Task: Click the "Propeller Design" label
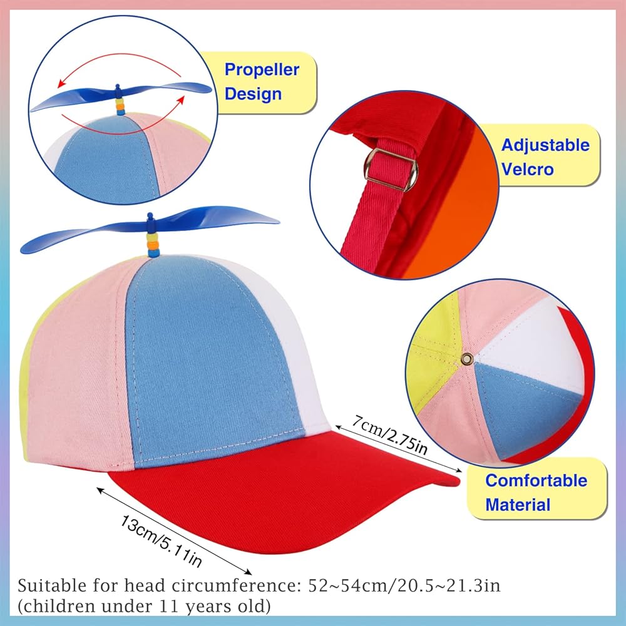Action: coord(262,81)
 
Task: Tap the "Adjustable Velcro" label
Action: coord(545,156)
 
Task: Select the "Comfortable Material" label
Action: coord(536,492)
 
